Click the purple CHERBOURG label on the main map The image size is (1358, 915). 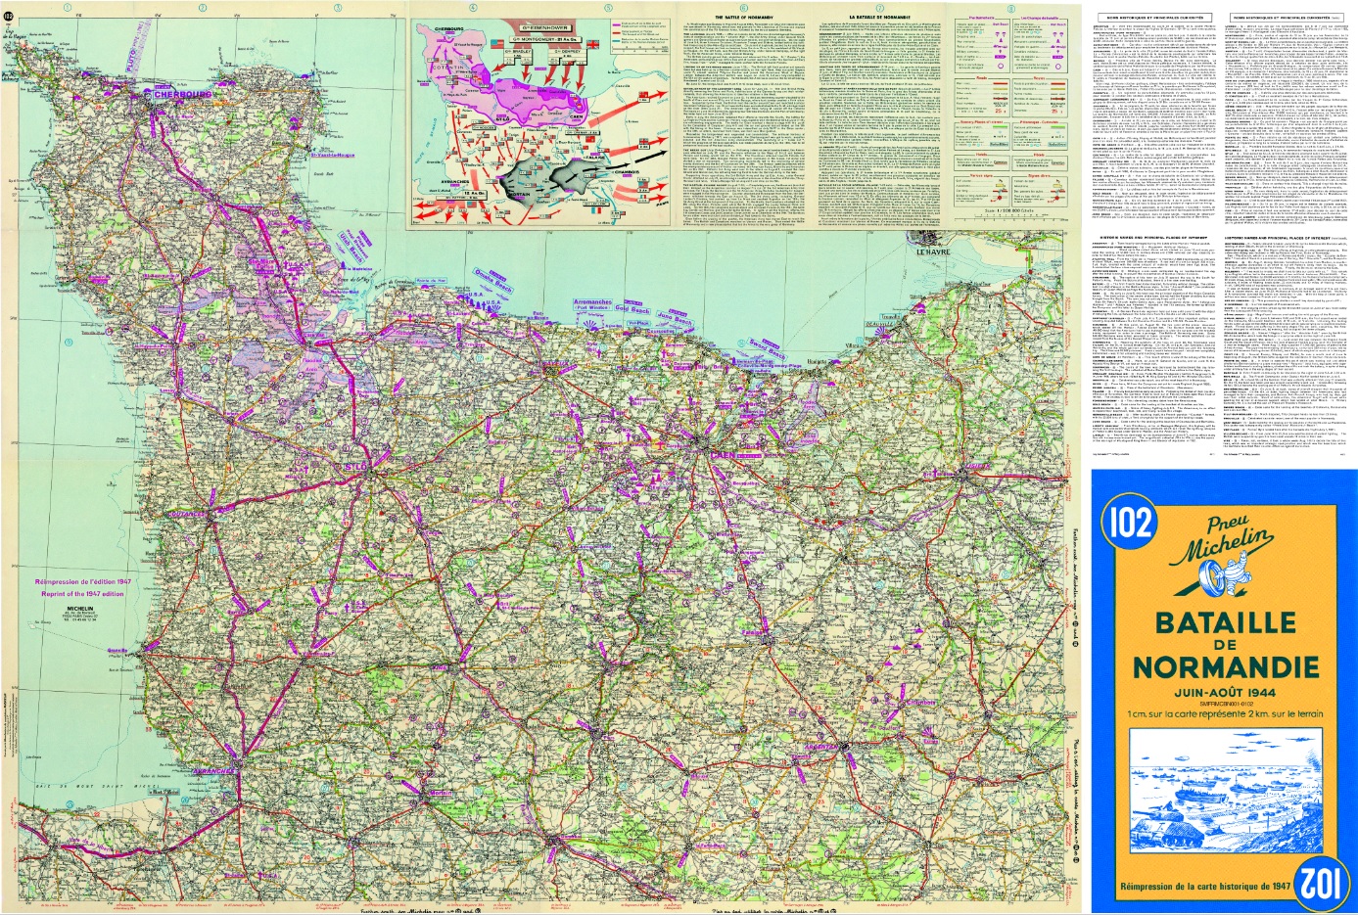pos(177,95)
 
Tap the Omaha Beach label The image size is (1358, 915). pos(492,285)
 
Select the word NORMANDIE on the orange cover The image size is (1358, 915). pos(1225,667)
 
